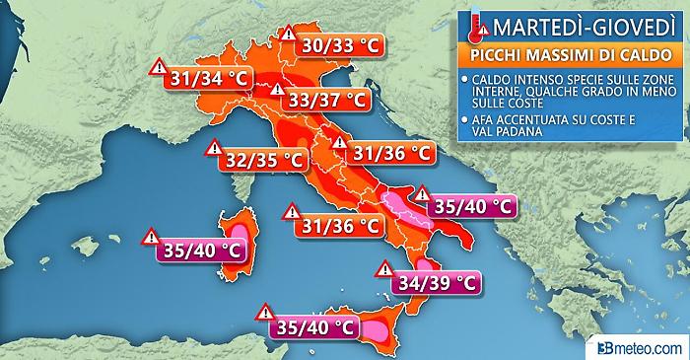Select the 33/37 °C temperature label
pyautogui.click(x=321, y=100)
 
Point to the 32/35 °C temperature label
pyautogui.click(x=259, y=157)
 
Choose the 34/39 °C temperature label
pyautogui.click(x=435, y=283)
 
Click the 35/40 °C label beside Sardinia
pyautogui.click(x=198, y=249)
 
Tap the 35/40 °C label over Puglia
pyautogui.click(x=471, y=207)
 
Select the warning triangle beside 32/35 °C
pyautogui.click(x=213, y=148)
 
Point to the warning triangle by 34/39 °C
pyautogui.click(x=381, y=269)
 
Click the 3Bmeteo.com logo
pyautogui.click(x=642, y=347)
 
